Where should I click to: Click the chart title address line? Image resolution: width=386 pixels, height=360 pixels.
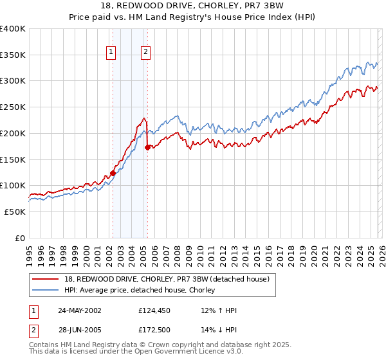tap(193, 6)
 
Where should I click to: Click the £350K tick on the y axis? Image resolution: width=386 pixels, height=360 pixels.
tap(13, 55)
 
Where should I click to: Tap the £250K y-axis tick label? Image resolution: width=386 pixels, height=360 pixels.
tap(13, 107)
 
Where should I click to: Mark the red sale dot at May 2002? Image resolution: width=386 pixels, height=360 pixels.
tap(113, 173)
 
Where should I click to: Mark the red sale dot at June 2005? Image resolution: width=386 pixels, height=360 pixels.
tap(147, 147)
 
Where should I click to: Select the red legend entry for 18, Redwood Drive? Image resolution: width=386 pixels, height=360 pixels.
tap(167, 278)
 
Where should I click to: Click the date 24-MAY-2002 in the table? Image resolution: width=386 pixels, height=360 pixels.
tap(80, 310)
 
